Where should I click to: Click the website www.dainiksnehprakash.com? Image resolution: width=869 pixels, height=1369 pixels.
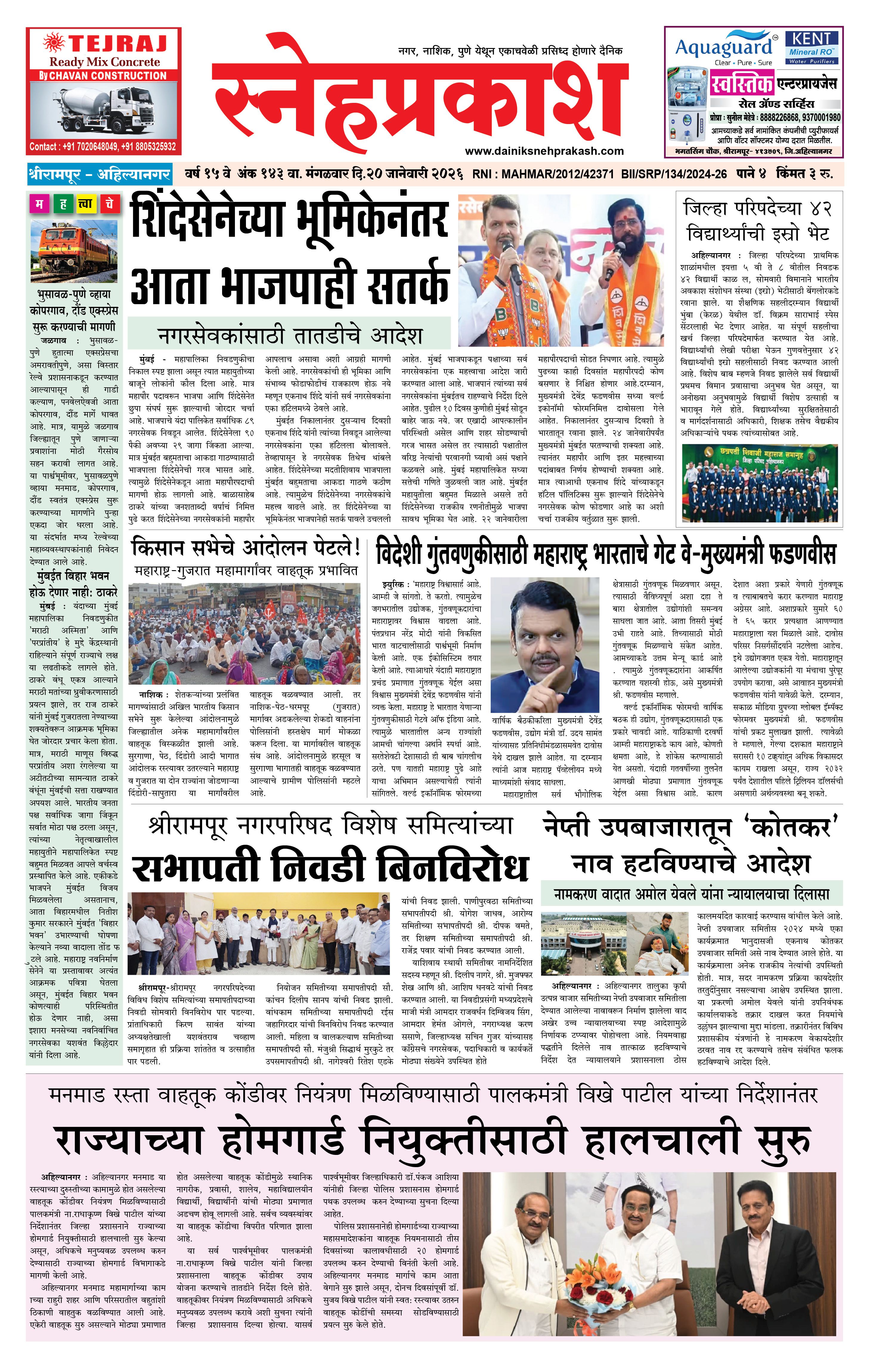point(544,151)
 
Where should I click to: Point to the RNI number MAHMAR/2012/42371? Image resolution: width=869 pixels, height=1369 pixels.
point(543,174)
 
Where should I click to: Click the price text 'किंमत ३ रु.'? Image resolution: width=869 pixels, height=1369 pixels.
point(807,174)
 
